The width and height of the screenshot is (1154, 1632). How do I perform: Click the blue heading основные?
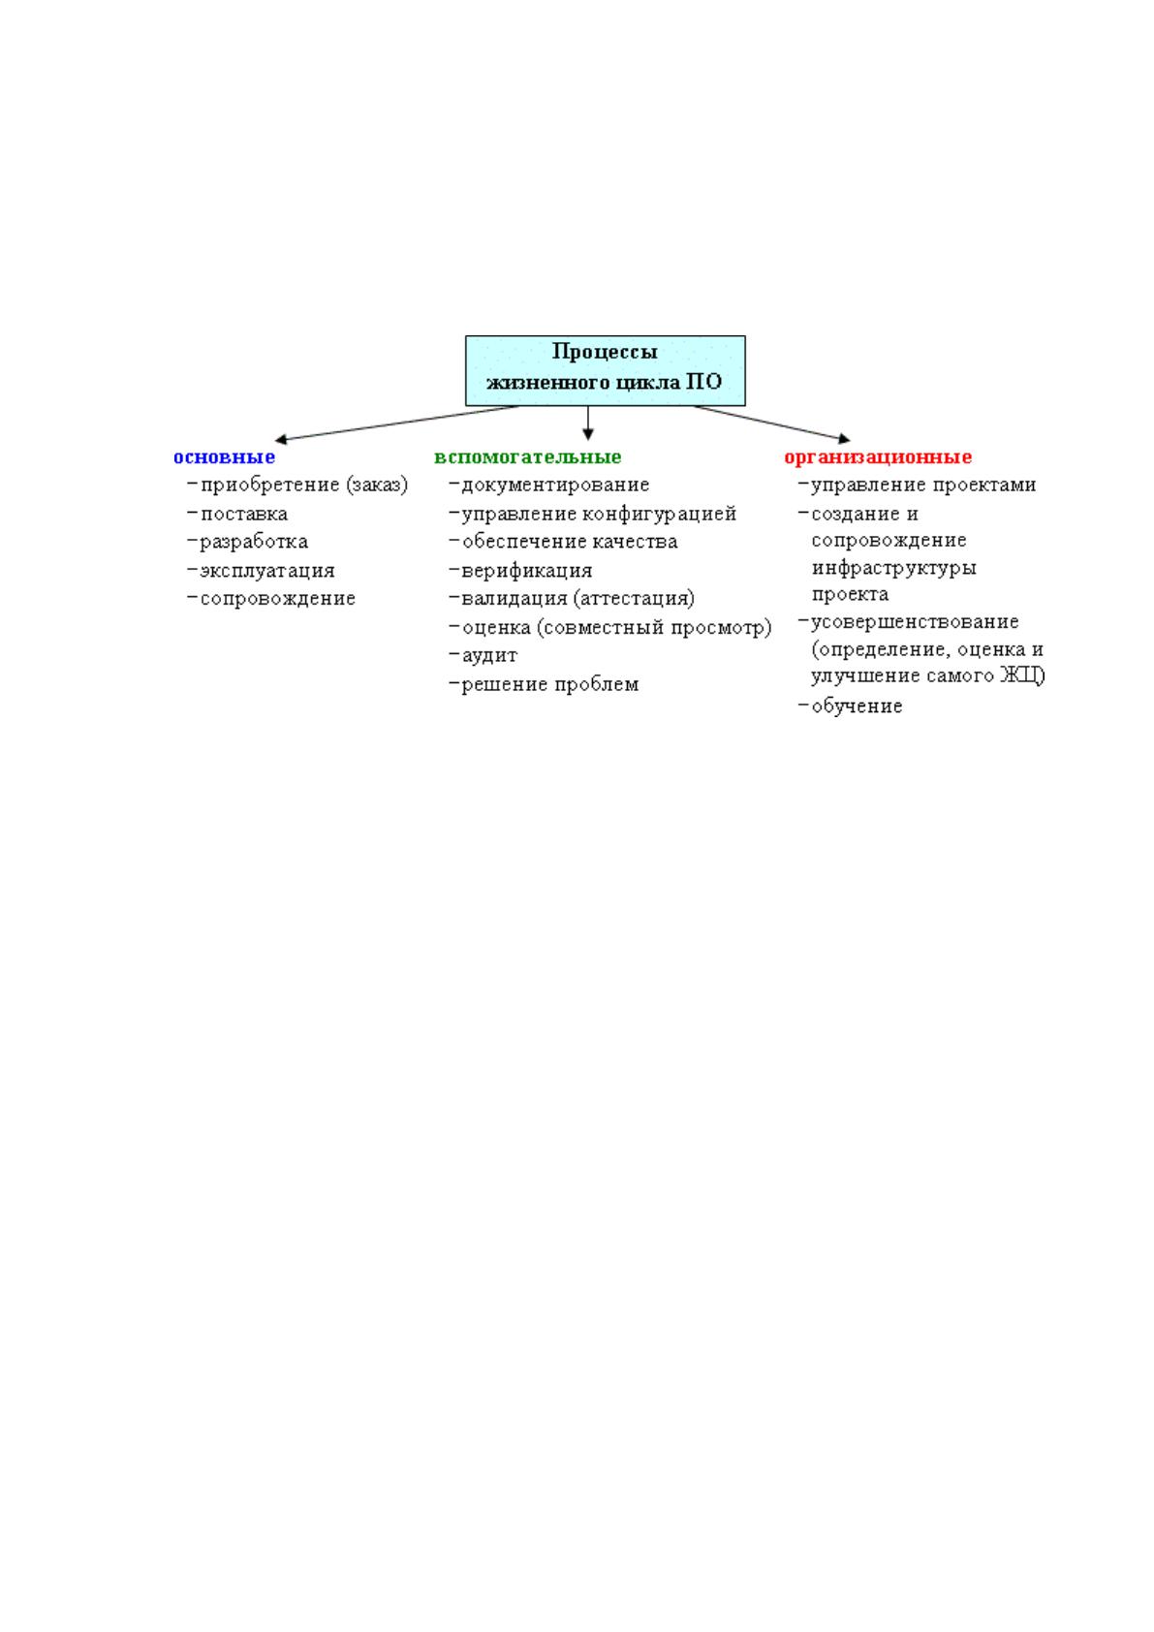point(224,456)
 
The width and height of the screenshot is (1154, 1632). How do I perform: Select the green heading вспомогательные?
point(527,456)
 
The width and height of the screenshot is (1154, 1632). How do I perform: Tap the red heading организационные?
point(878,456)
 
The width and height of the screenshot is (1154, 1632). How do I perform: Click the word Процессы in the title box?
point(605,352)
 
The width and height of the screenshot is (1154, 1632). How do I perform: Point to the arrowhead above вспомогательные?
point(588,434)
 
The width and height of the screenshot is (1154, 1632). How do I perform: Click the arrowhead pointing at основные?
point(280,439)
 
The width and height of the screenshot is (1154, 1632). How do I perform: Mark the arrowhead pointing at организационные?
point(844,439)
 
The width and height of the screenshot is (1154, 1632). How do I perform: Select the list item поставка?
point(244,515)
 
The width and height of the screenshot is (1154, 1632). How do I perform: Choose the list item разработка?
point(254,542)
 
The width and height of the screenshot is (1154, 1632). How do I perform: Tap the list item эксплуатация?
point(267,571)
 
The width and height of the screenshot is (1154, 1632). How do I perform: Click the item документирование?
point(556,486)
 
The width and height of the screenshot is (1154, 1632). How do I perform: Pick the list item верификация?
point(527,571)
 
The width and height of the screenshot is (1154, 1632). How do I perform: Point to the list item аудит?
point(489,656)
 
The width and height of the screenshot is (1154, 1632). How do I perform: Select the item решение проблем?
point(550,685)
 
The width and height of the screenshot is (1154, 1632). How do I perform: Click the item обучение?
point(857,706)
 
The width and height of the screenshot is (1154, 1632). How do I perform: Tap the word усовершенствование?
point(915,622)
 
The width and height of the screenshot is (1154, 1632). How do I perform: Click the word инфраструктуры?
point(894,568)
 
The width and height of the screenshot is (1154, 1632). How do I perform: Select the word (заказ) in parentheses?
point(377,486)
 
